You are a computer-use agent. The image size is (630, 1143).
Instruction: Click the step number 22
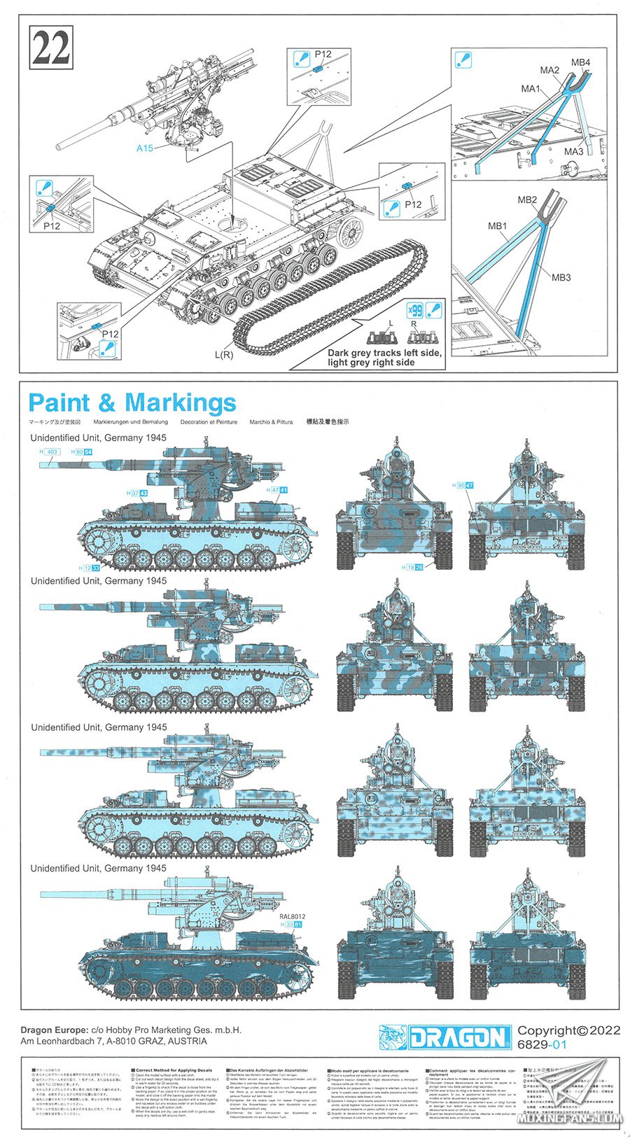coord(51,48)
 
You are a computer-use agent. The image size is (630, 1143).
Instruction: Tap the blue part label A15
coord(145,148)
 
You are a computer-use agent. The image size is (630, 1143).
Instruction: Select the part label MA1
coord(531,89)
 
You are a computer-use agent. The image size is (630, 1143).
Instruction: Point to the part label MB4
coord(580,62)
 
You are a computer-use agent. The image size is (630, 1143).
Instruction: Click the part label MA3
coord(573,152)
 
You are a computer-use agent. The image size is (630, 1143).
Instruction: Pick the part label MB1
coord(497,226)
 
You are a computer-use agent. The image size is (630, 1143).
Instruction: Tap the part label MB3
coord(561,277)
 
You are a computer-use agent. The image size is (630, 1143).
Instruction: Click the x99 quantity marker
coord(415,309)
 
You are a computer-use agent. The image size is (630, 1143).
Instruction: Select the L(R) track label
coord(224,355)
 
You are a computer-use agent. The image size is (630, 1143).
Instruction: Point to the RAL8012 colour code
coord(292,916)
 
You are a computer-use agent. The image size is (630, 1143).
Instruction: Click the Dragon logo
coord(445,1037)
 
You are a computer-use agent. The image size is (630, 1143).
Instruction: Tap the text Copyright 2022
coord(568,1030)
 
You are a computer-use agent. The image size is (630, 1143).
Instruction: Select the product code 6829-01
coord(541,1045)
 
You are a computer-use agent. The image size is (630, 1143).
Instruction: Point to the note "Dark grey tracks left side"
coord(384,353)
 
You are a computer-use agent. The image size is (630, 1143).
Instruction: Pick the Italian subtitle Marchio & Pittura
coord(271,422)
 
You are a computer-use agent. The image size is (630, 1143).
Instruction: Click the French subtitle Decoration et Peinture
coord(209,422)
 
